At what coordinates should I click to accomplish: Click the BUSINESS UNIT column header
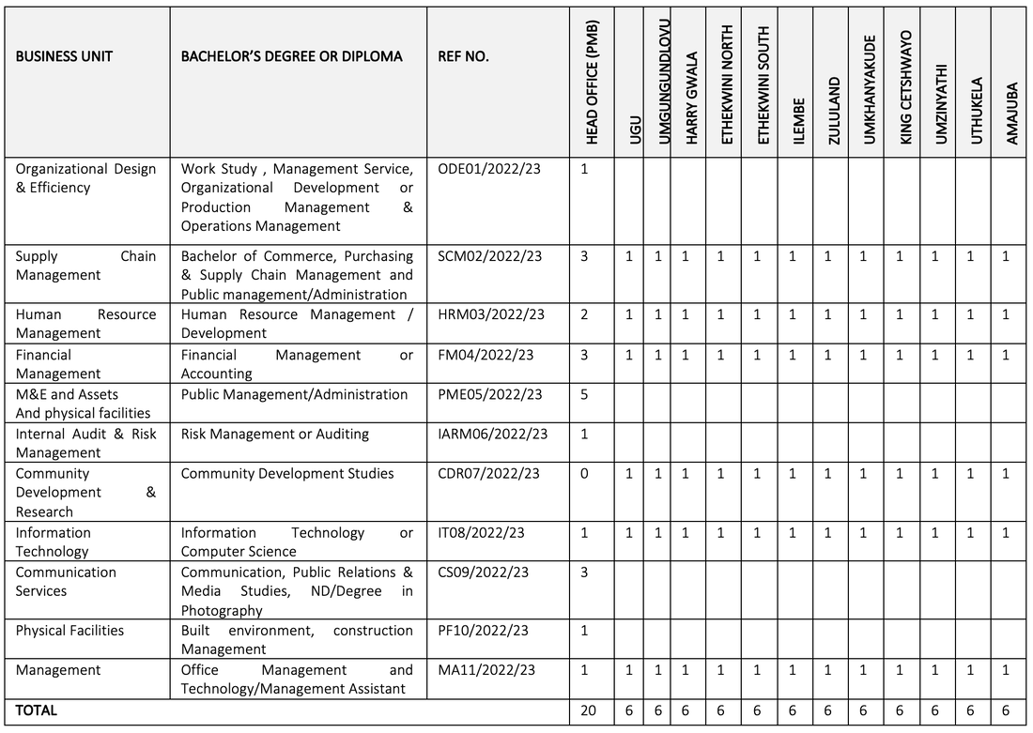tap(64, 56)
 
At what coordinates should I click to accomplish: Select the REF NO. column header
tap(463, 56)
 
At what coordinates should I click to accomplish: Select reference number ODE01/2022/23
tap(489, 169)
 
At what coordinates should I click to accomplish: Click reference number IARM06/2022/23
tap(492, 434)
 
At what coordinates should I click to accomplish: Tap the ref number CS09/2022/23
tap(483, 572)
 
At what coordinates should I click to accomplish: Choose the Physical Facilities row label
tap(69, 630)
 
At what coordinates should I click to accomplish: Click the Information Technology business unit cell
tap(54, 542)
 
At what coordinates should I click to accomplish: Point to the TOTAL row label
tap(36, 710)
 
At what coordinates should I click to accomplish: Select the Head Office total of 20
tap(588, 710)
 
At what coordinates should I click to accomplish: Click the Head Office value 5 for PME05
tap(584, 394)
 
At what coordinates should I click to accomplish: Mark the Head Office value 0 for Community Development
tap(584, 473)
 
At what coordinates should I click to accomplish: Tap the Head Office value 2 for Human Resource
tap(584, 314)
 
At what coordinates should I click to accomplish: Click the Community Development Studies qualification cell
tap(287, 473)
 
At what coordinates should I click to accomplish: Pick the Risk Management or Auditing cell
tap(274, 434)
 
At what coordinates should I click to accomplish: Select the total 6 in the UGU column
tap(629, 710)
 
